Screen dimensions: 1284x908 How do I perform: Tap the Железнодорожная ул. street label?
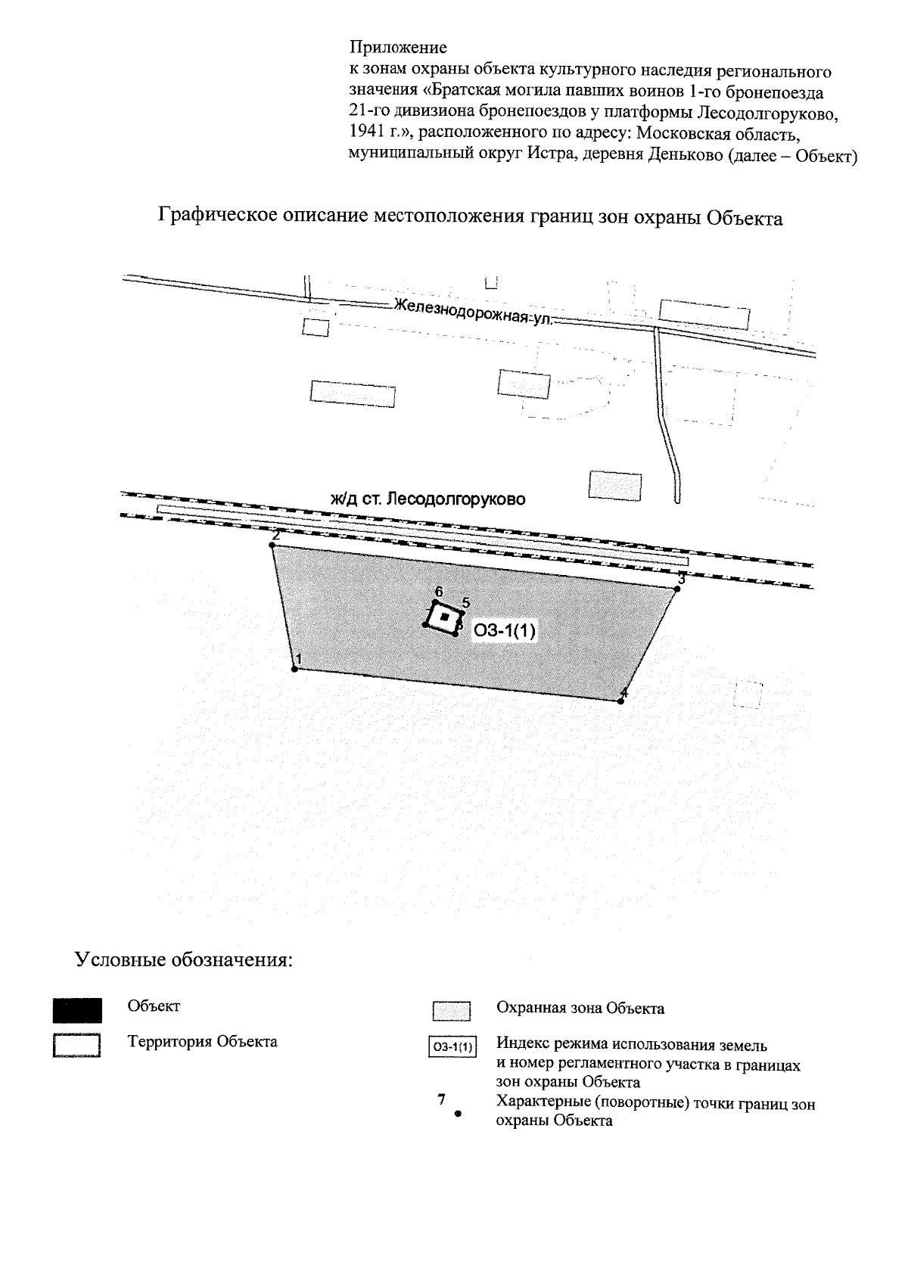(x=474, y=312)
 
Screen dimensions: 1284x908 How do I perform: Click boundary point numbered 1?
(x=294, y=669)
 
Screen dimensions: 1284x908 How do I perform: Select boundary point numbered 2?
(x=272, y=545)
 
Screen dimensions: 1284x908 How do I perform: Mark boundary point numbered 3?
(x=677, y=589)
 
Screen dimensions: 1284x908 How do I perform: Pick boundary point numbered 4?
(x=620, y=701)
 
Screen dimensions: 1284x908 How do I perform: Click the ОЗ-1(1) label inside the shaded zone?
(x=504, y=631)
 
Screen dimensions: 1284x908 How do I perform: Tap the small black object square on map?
(x=446, y=617)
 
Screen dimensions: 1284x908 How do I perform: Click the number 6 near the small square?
(x=438, y=591)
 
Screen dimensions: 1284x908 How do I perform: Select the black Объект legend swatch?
(x=77, y=1011)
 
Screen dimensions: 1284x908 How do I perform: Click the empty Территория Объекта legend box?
(x=77, y=1044)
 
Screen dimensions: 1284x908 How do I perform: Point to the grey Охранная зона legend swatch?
(x=452, y=1012)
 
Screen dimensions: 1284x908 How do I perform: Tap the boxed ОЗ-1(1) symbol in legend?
(x=452, y=1048)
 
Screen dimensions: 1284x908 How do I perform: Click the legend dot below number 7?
(x=457, y=1114)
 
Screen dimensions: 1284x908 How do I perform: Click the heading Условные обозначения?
(x=183, y=960)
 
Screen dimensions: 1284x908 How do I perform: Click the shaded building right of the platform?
(x=615, y=484)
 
